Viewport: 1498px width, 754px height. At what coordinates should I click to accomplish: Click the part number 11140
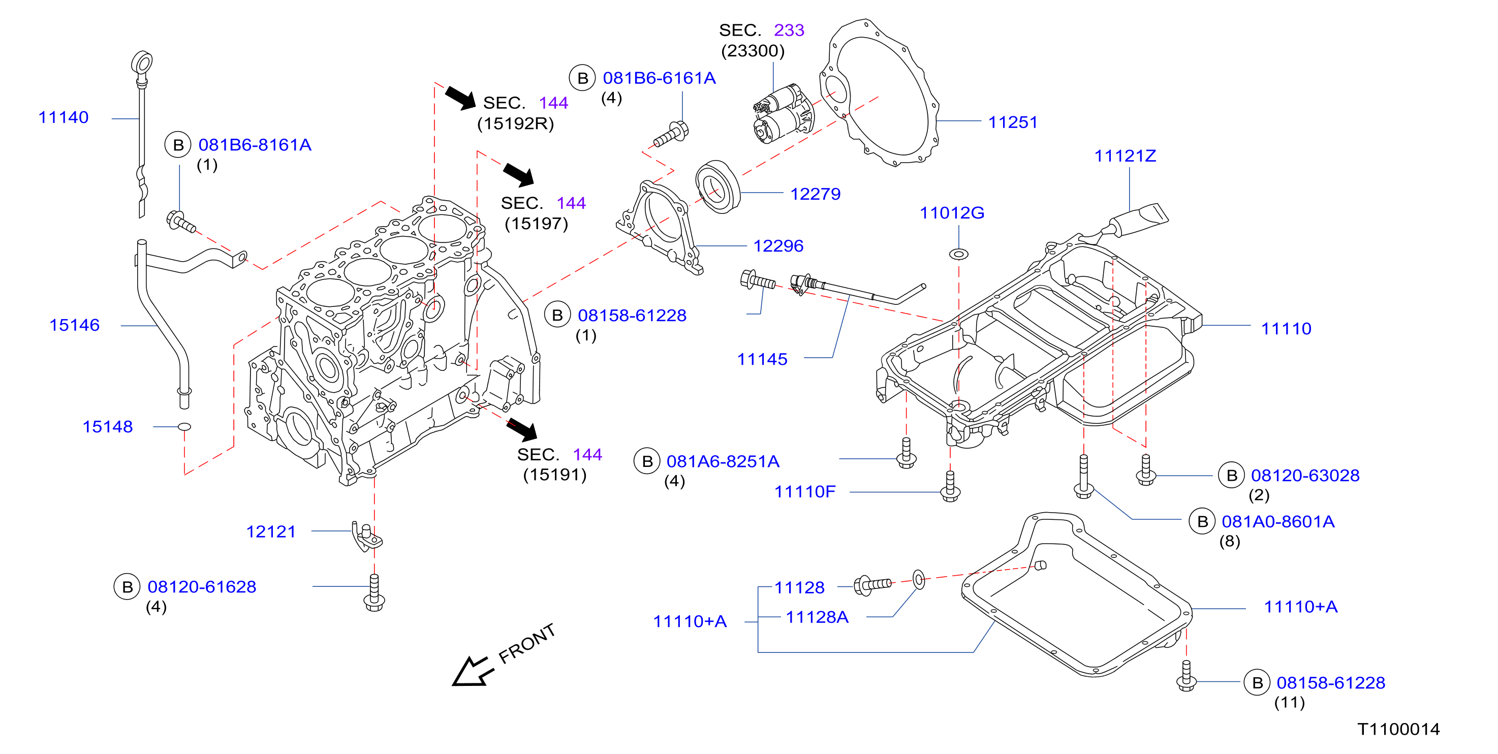click(64, 117)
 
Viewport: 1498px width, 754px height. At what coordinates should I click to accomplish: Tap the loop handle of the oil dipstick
click(141, 62)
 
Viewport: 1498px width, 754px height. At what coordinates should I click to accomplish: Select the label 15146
click(74, 325)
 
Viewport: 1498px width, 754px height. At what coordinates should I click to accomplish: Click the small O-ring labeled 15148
click(184, 427)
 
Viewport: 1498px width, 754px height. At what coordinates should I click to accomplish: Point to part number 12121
click(271, 531)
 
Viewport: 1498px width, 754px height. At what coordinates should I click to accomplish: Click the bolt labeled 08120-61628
click(374, 593)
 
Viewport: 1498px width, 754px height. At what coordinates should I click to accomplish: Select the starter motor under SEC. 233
click(784, 113)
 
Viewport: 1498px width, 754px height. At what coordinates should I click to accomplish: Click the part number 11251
click(1012, 122)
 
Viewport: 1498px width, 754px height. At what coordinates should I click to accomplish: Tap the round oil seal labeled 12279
click(717, 186)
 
